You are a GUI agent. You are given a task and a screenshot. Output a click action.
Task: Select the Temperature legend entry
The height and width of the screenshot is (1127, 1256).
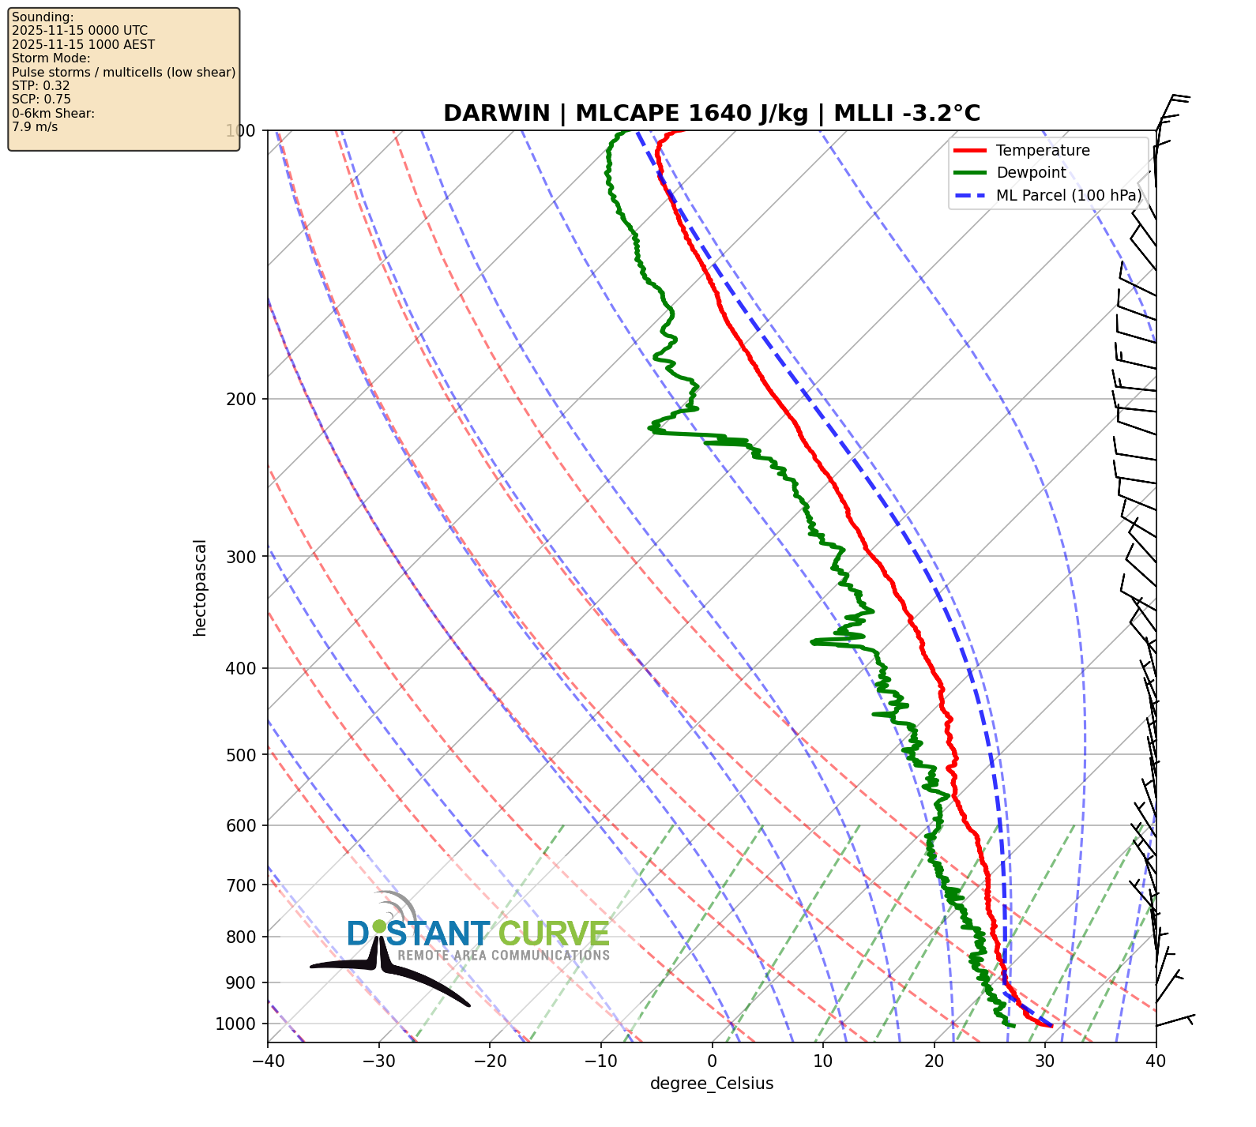coord(1042,151)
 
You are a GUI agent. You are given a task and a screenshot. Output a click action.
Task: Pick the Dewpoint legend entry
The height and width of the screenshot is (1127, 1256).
coord(1030,173)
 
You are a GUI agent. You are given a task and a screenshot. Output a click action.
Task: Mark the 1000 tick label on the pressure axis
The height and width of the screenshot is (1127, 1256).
coord(236,1024)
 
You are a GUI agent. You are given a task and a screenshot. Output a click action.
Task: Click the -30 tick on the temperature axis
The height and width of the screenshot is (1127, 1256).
coord(378,1061)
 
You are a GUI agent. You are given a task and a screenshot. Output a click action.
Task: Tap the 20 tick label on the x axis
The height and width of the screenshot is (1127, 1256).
coord(934,1061)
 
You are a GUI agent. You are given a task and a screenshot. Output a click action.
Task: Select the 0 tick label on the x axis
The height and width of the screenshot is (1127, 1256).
coord(712,1061)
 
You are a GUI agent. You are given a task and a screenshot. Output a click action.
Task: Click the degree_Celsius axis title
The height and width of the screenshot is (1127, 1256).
coord(712,1084)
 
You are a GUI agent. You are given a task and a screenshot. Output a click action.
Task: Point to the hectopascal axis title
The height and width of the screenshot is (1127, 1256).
coord(200,588)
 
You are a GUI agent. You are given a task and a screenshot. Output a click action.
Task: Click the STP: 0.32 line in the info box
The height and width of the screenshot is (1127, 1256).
coord(41,85)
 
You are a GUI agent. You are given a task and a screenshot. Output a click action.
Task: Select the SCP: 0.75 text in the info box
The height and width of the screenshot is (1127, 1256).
coord(41,100)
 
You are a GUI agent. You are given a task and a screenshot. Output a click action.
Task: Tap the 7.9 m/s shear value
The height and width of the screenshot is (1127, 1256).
coord(35,126)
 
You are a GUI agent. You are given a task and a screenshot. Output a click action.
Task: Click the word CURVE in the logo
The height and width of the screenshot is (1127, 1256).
coord(554,934)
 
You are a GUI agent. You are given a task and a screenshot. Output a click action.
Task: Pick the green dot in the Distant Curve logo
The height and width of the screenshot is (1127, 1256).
coord(379,926)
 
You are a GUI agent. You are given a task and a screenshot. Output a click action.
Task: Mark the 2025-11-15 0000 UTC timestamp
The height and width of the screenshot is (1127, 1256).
coord(80,31)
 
